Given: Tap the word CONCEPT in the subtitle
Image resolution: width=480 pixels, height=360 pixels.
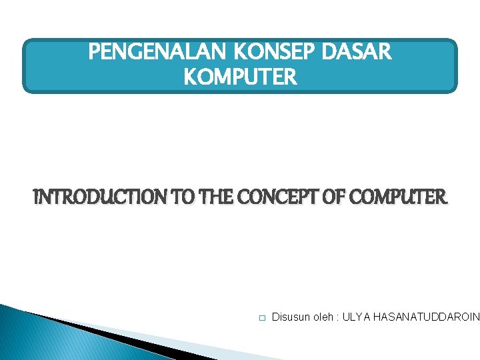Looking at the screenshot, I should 269,197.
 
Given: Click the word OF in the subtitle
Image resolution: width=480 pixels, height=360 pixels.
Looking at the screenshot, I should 328,197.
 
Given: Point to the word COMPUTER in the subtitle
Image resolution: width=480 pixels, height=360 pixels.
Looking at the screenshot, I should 396,197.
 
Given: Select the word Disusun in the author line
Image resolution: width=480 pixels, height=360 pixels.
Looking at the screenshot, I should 291,318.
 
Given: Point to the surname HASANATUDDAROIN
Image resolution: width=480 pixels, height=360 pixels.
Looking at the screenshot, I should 426,318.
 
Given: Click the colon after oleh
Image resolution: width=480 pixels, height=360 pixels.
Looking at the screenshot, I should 338,319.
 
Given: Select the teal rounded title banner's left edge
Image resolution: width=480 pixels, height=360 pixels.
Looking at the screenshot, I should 25,65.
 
